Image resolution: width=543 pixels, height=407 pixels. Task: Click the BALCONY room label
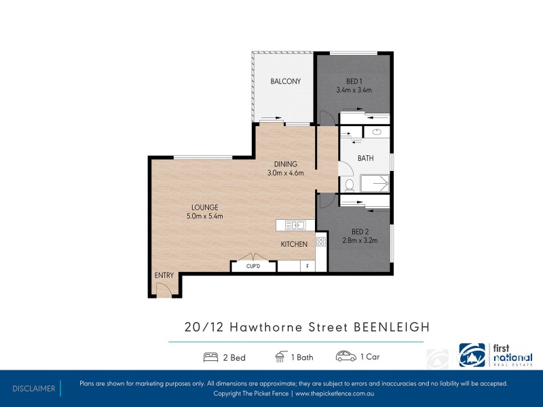pos(285,81)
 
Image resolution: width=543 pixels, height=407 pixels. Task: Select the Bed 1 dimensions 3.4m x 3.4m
pos(354,90)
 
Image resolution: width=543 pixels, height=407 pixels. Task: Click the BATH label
pos(366,159)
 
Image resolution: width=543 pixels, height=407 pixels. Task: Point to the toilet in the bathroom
pos(350,185)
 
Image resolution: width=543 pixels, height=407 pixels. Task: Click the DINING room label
pos(285,164)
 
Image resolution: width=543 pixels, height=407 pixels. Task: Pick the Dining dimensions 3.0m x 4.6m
pos(285,173)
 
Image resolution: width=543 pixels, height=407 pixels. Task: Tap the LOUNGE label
pos(204,208)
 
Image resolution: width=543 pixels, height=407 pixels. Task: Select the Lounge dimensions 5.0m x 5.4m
pos(204,216)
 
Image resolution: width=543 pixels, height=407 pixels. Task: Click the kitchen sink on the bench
pos(297,225)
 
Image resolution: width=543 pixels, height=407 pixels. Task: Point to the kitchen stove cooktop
pos(321,240)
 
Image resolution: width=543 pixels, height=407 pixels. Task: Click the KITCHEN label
pos(294,244)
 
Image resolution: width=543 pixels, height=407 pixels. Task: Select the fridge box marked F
pos(307,267)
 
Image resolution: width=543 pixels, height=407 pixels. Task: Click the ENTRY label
pos(164,275)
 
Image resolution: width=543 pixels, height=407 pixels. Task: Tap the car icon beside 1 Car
pos(345,357)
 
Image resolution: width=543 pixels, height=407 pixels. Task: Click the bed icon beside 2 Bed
pos(210,357)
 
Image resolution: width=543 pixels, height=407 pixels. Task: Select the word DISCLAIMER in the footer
pos(33,389)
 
